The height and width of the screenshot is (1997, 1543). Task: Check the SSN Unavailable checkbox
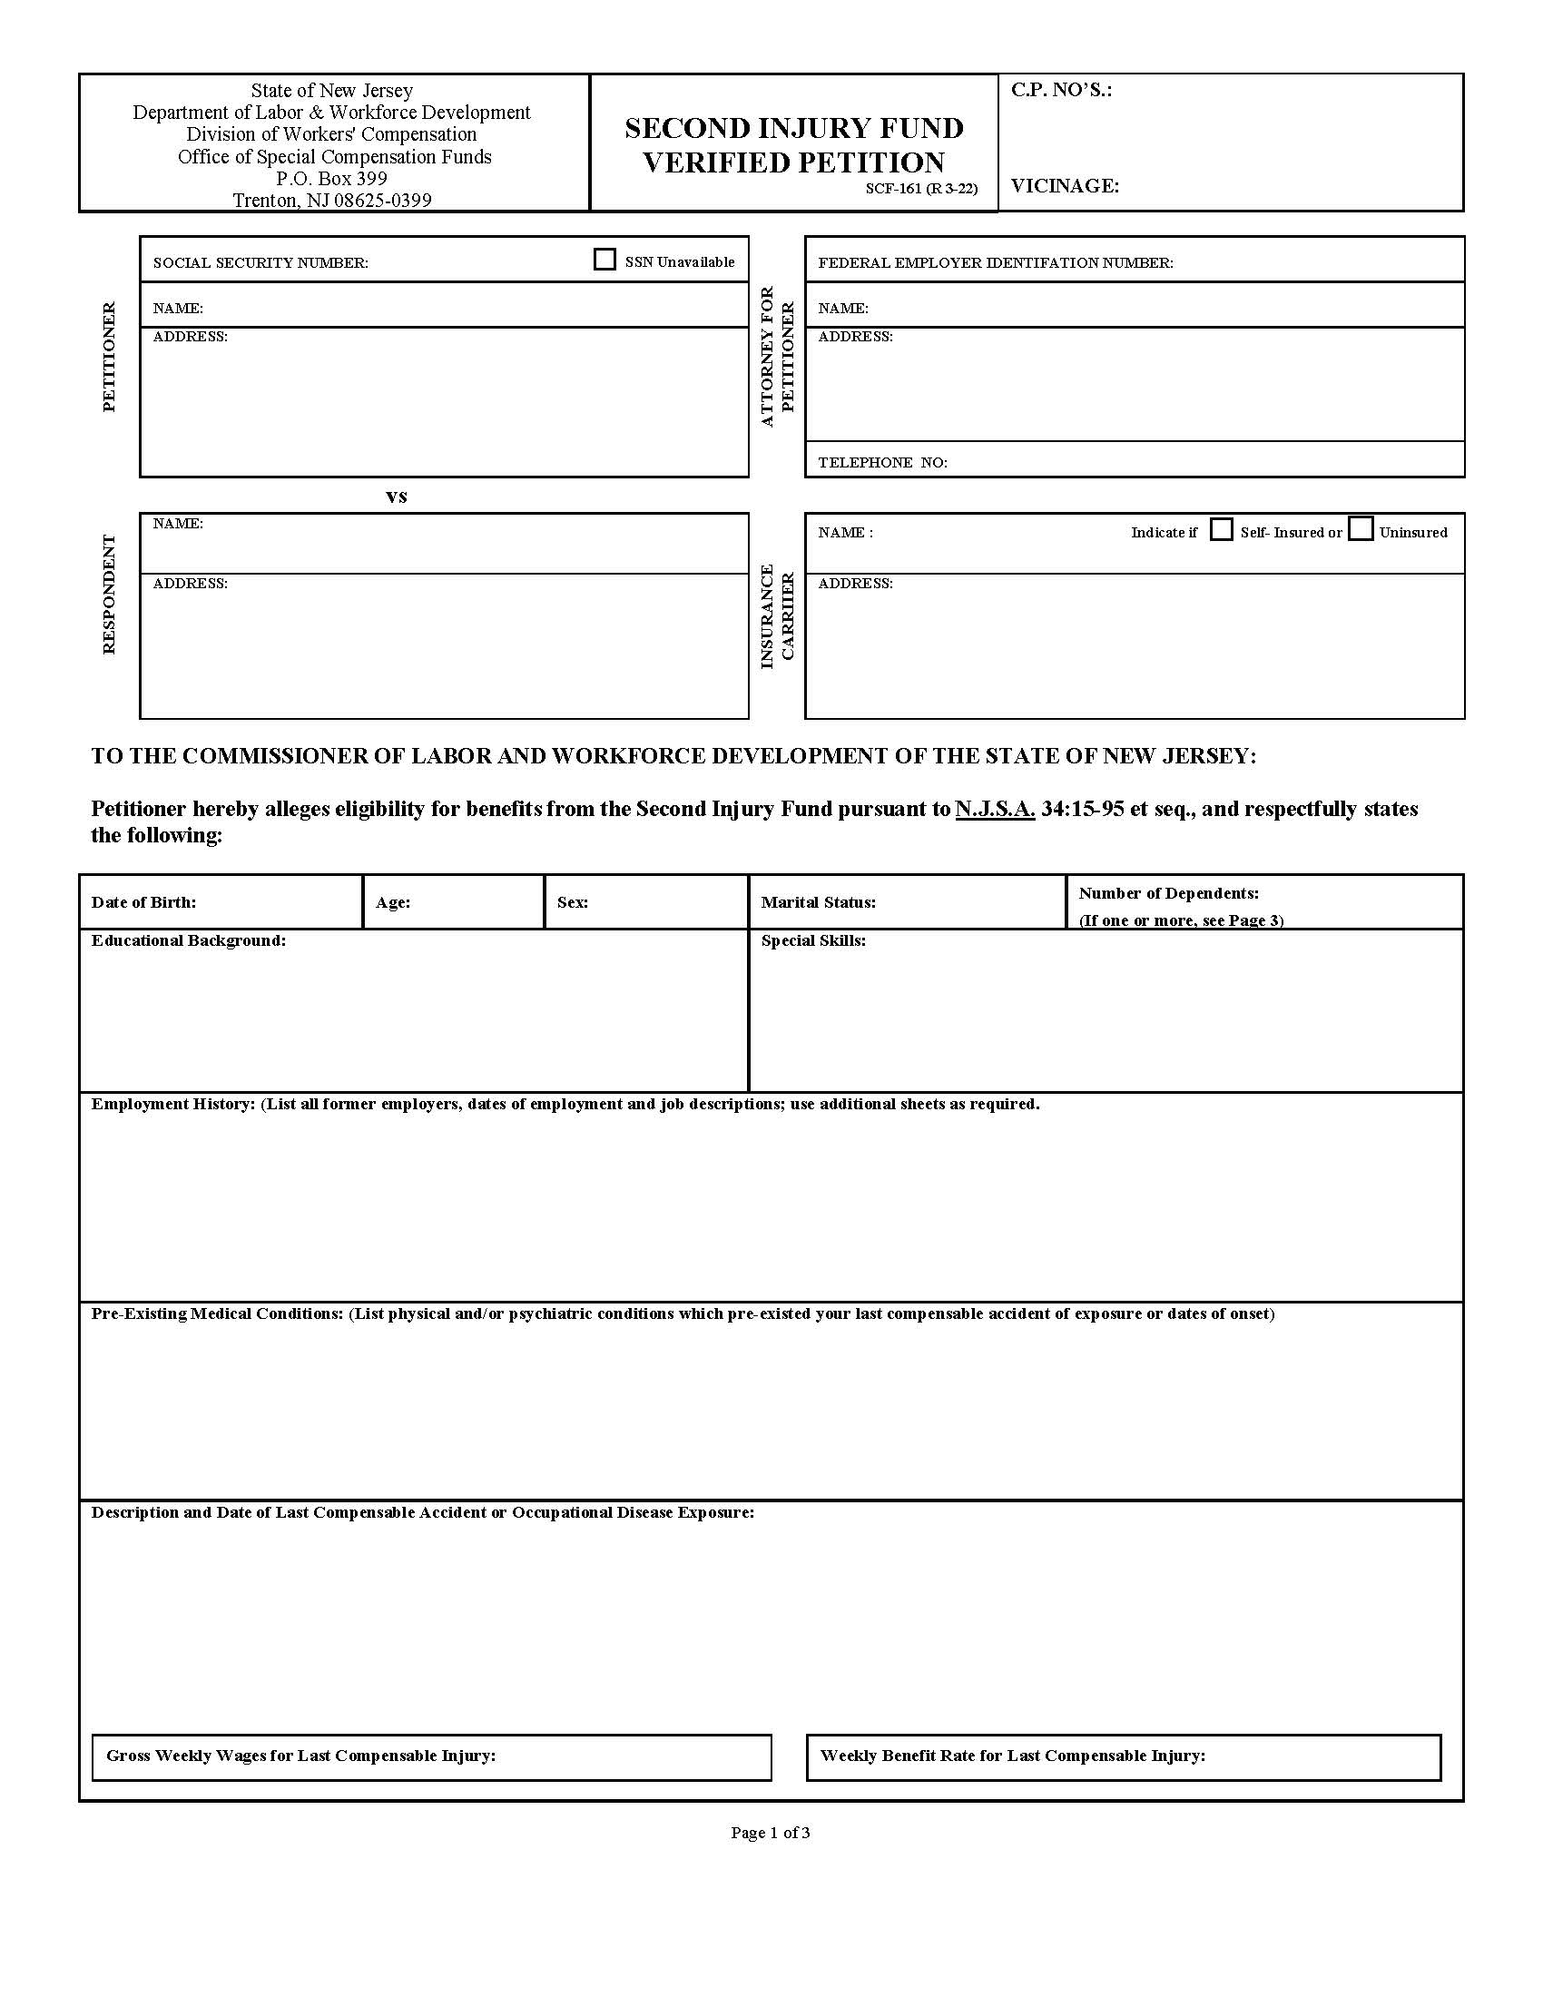pyautogui.click(x=604, y=260)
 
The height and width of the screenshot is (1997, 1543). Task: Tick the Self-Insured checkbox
pyautogui.click(x=1221, y=529)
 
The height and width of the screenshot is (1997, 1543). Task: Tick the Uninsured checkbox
pyautogui.click(x=1361, y=529)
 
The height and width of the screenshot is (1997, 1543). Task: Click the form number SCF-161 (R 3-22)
pyautogui.click(x=920, y=190)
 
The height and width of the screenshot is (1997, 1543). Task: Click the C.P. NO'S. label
pyautogui.click(x=1060, y=90)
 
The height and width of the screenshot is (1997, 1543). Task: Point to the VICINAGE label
pyautogui.click(x=1064, y=185)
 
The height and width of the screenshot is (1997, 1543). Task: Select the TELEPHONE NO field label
pyautogui.click(x=882, y=463)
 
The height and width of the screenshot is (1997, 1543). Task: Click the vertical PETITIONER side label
pyautogui.click(x=109, y=357)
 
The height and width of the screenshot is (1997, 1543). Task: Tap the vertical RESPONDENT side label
pyautogui.click(x=109, y=595)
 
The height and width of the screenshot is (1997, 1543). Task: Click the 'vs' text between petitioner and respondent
pyautogui.click(x=396, y=497)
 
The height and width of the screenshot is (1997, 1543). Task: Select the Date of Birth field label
pyautogui.click(x=143, y=902)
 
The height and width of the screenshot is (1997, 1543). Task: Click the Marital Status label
pyautogui.click(x=817, y=902)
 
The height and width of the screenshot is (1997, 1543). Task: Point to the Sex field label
pyautogui.click(x=572, y=902)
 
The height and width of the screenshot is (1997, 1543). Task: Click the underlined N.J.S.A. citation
pyautogui.click(x=995, y=809)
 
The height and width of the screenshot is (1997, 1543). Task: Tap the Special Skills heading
pyautogui.click(x=812, y=941)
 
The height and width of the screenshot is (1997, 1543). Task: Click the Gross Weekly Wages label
pyautogui.click(x=300, y=1756)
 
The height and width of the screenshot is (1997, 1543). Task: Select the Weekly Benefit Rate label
pyautogui.click(x=1012, y=1756)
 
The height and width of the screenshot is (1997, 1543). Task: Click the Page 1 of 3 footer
pyautogui.click(x=770, y=1833)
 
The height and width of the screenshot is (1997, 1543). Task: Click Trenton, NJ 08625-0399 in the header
pyautogui.click(x=332, y=201)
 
